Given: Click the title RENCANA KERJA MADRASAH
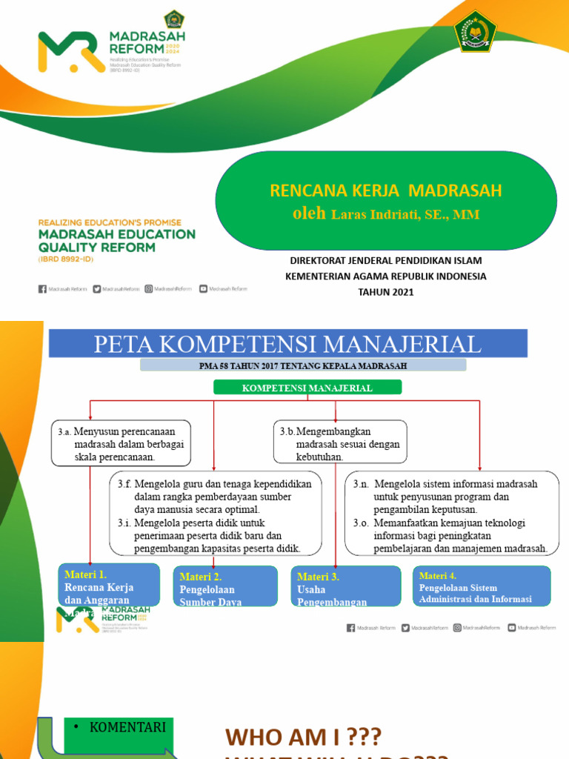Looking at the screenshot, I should [385, 190].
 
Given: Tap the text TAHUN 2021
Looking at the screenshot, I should [385, 292].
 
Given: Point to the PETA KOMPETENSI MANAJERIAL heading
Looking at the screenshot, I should [287, 344].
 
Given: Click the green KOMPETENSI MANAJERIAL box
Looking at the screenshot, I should [307, 388].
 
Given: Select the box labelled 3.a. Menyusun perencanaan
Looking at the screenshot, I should [122, 443].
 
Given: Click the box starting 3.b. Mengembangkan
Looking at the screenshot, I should [339, 443].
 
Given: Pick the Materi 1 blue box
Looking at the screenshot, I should [109, 586].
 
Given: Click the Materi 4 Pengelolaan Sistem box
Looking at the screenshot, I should [481, 586].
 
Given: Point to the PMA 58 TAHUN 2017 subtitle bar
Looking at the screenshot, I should [303, 365].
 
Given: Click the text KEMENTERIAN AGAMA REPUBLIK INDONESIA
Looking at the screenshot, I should [385, 276].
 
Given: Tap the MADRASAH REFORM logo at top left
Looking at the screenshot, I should [111, 50].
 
